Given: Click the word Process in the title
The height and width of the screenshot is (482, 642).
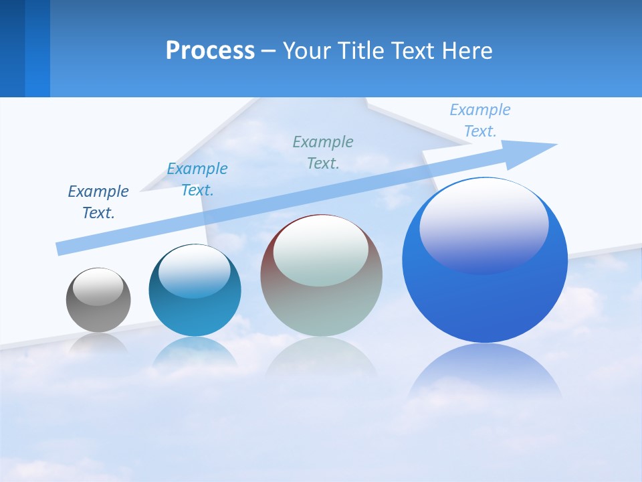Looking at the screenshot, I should click(210, 51).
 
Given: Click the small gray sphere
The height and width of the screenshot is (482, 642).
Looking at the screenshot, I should click(98, 315).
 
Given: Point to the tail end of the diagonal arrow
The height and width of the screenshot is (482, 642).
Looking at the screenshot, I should click(62, 248).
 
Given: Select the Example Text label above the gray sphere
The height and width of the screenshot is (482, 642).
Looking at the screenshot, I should click(98, 202).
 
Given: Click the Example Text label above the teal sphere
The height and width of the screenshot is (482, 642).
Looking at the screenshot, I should click(197, 179).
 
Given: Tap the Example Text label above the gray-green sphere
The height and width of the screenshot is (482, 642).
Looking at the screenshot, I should click(323, 152).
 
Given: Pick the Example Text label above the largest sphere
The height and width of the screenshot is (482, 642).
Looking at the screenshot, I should click(480, 120).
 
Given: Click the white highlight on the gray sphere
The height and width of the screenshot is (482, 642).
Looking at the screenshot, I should click(98, 287).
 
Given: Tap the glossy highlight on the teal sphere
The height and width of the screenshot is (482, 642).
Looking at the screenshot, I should click(195, 271).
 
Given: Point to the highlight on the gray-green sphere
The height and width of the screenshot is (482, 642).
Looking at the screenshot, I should click(321, 251).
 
